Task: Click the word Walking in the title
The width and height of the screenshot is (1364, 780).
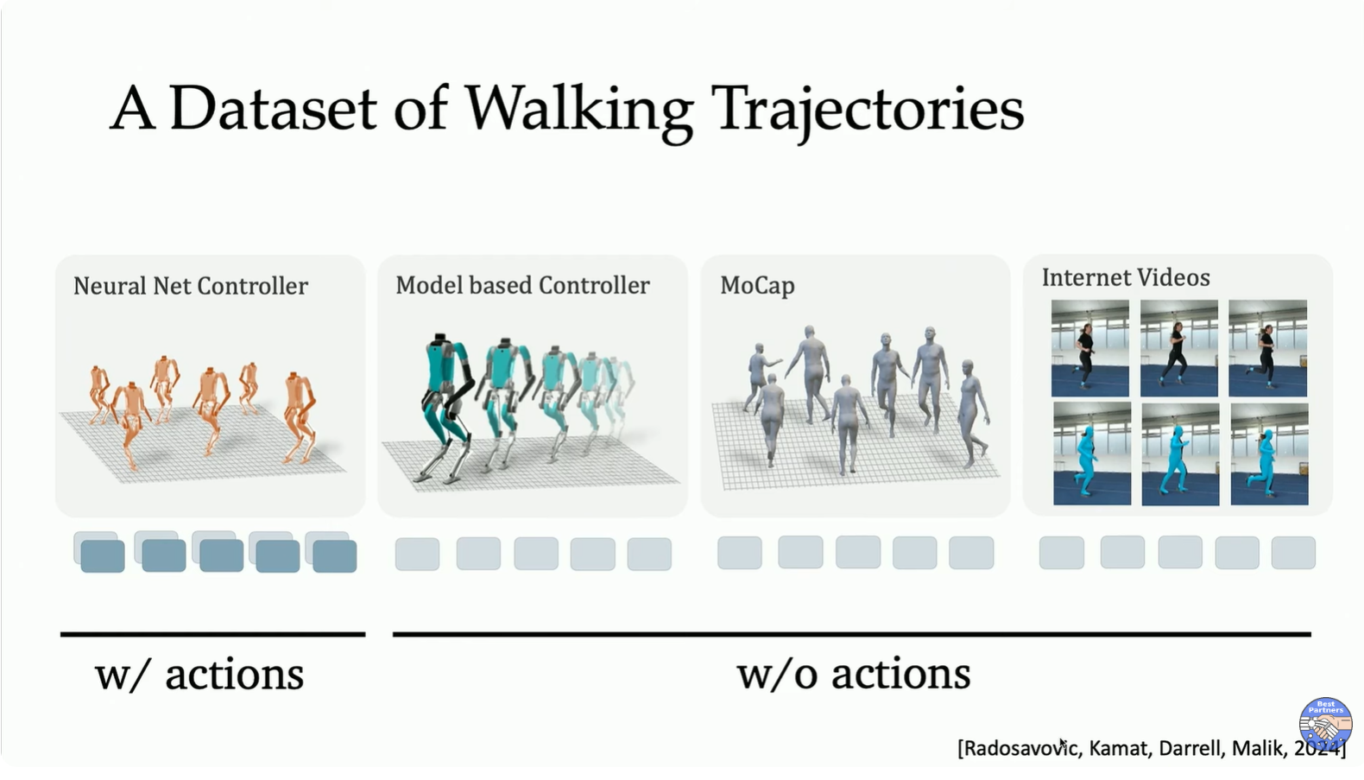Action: tap(579, 111)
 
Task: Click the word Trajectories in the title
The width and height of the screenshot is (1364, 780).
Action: tap(871, 111)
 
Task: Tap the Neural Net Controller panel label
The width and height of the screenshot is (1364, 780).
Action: tap(191, 286)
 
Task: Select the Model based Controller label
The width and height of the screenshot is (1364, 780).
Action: tap(522, 285)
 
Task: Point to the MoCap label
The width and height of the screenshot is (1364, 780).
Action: tap(757, 286)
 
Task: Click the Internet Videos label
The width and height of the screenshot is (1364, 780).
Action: tap(1126, 278)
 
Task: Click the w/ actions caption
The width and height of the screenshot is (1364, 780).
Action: tap(199, 675)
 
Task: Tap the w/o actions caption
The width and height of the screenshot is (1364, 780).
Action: tap(854, 675)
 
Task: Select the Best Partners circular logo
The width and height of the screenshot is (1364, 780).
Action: tap(1326, 724)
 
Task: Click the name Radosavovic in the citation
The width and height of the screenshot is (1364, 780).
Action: tap(1021, 748)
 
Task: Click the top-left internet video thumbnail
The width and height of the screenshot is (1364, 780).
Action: tap(1090, 348)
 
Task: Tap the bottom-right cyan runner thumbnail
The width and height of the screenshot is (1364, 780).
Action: tap(1270, 454)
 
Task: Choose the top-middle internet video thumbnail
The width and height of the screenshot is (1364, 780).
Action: tap(1179, 348)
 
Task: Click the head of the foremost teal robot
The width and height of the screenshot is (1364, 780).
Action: tap(439, 340)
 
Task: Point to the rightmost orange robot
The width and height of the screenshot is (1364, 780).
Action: tap(300, 417)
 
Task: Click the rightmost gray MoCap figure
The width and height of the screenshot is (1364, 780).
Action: tap(973, 415)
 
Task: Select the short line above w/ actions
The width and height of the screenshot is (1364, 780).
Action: tap(212, 634)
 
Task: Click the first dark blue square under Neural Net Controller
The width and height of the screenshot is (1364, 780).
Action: tap(102, 555)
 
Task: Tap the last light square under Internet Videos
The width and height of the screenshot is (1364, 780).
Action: tap(1293, 553)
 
